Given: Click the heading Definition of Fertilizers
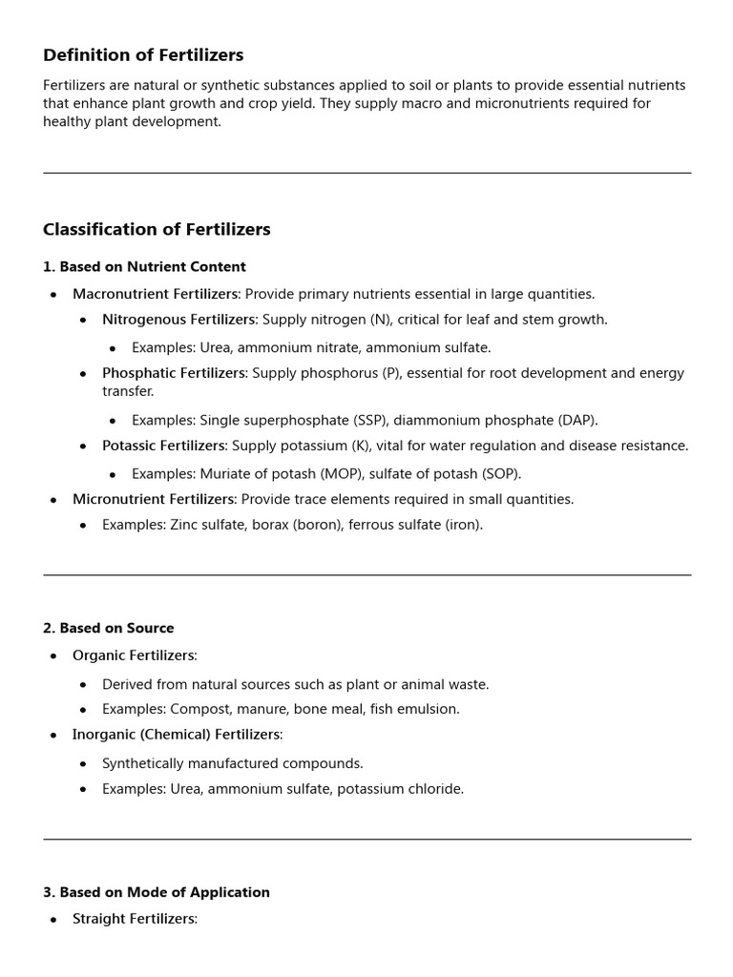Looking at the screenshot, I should pos(143,55).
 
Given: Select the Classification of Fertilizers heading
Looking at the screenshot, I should pos(157,230).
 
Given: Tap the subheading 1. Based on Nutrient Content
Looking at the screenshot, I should pos(144,267).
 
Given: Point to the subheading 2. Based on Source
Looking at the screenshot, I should pos(108,628).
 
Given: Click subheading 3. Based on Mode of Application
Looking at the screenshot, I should pos(157,892).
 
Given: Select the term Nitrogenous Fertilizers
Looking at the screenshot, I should pos(178,320).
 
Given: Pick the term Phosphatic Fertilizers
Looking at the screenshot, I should pos(174,373).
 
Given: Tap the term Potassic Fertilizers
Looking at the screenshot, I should pos(163,446).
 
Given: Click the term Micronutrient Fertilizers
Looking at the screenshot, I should pos(153,499).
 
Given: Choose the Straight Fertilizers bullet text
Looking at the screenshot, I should pos(134,919).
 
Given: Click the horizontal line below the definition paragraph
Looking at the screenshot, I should pos(366,173).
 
